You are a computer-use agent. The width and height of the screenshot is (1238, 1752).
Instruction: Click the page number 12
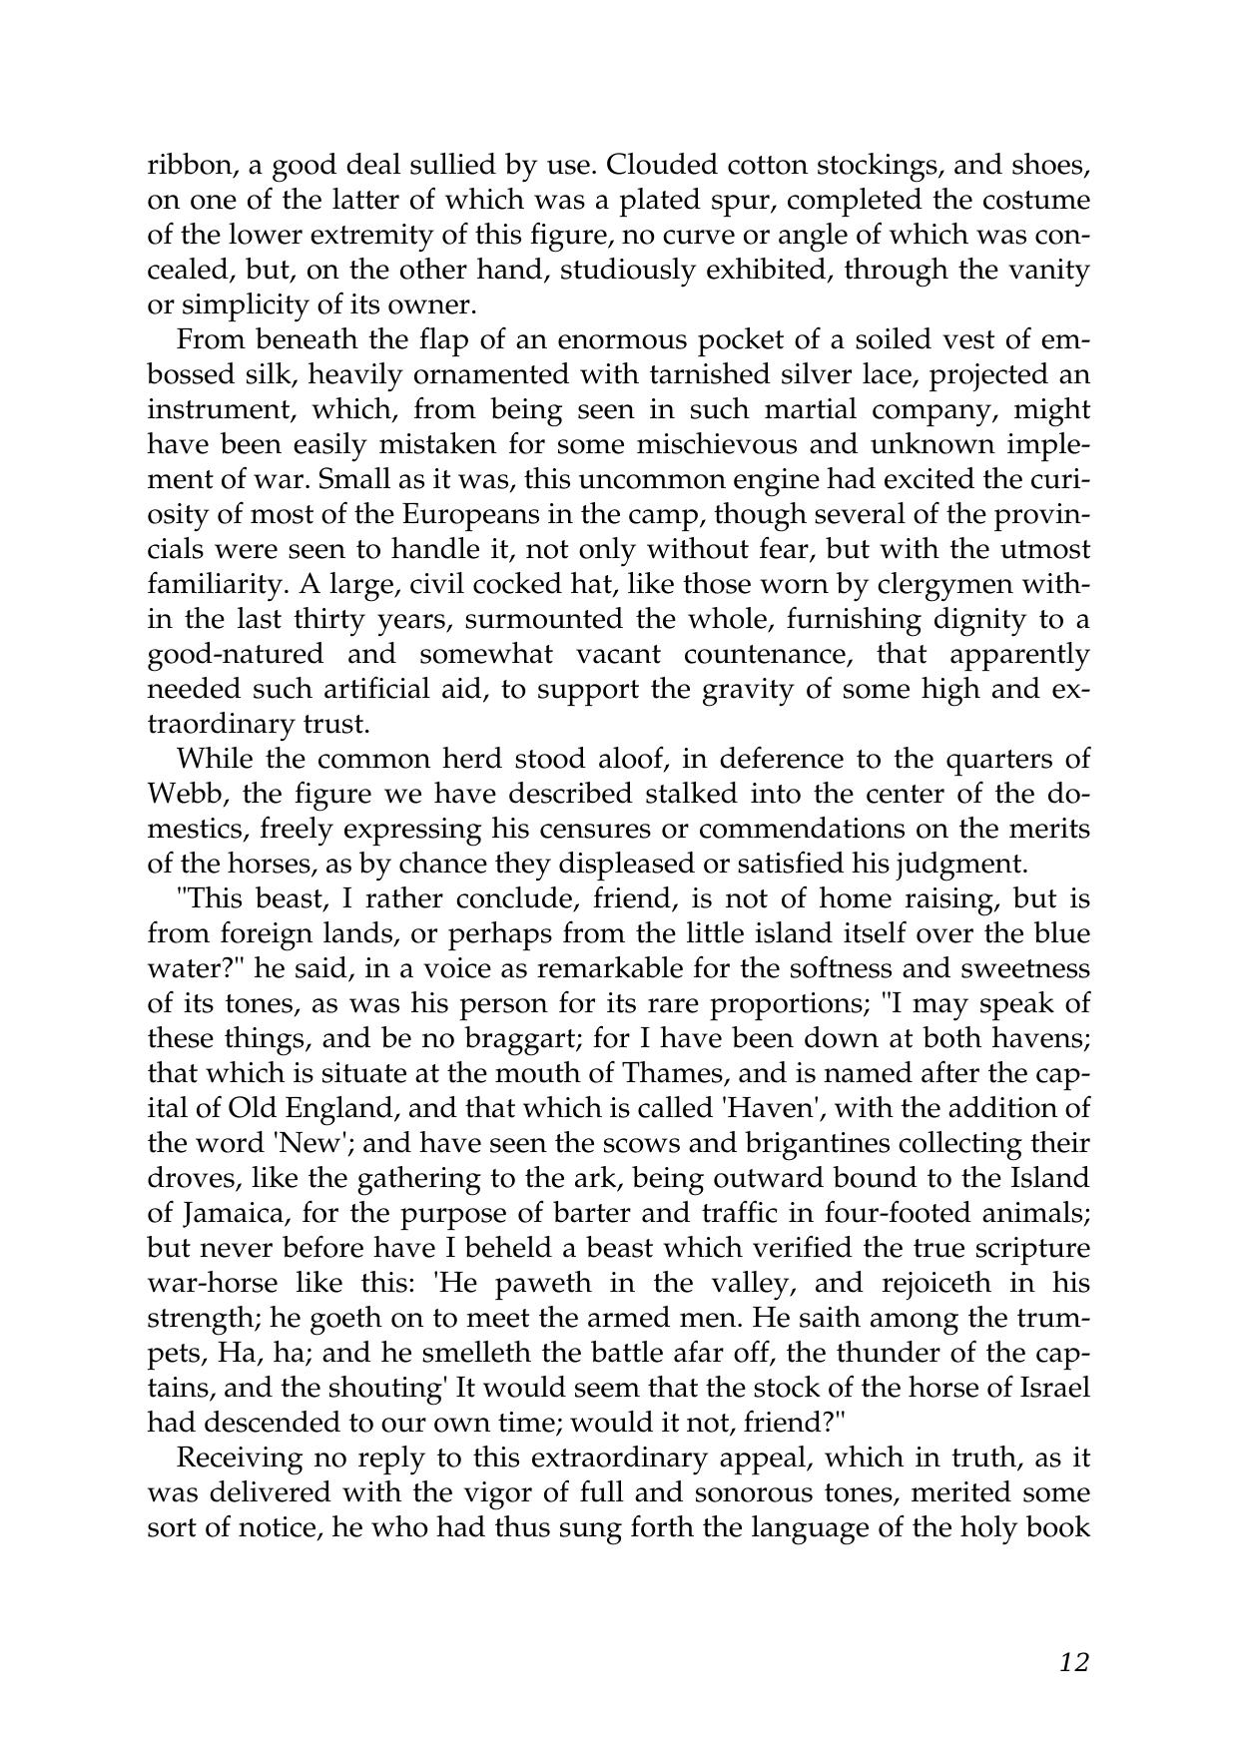[x=1073, y=1661]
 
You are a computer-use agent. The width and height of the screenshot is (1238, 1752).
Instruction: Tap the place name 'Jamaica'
[x=236, y=1213]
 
